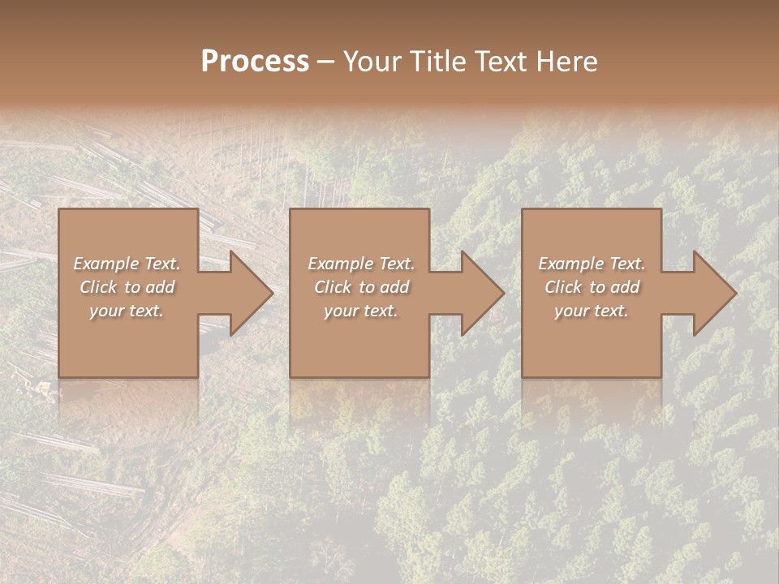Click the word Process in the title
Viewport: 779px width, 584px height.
click(x=255, y=62)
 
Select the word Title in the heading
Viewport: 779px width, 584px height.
click(x=438, y=62)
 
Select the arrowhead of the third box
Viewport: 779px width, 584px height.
click(x=713, y=293)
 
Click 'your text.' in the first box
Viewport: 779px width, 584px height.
click(x=127, y=311)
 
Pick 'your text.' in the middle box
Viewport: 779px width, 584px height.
click(x=360, y=311)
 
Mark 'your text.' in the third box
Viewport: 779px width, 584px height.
click(x=591, y=311)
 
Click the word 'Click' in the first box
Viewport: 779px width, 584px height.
click(x=98, y=287)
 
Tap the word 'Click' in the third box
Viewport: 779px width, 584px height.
click(x=563, y=287)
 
